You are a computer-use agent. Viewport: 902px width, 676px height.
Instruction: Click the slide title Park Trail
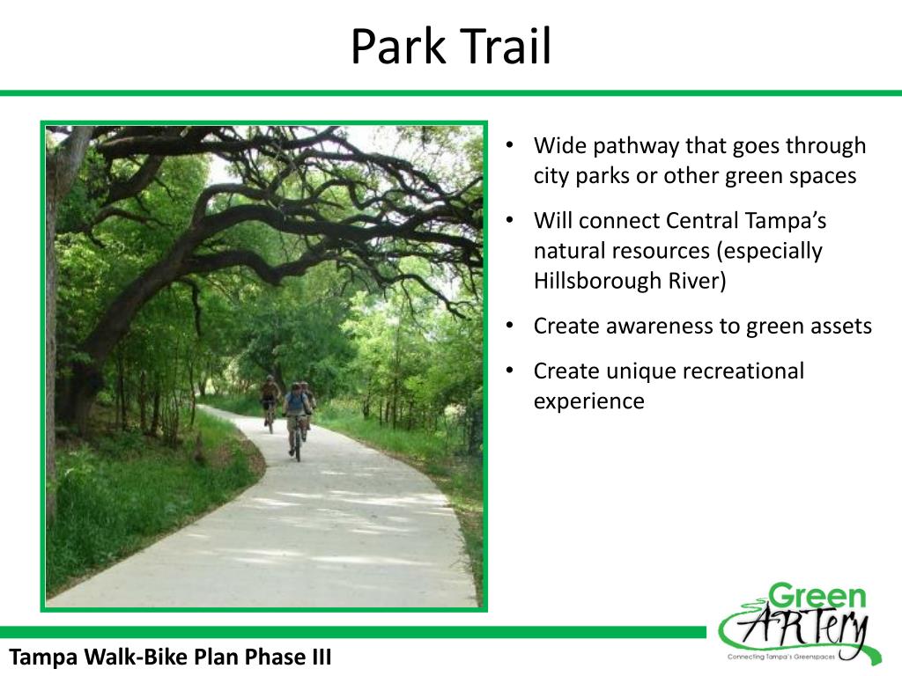click(x=450, y=47)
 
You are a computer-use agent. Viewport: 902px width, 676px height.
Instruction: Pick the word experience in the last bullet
click(x=588, y=401)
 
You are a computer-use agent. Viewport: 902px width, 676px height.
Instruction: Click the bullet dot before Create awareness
click(x=510, y=327)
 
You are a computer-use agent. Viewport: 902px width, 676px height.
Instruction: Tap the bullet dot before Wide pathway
click(x=510, y=145)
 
